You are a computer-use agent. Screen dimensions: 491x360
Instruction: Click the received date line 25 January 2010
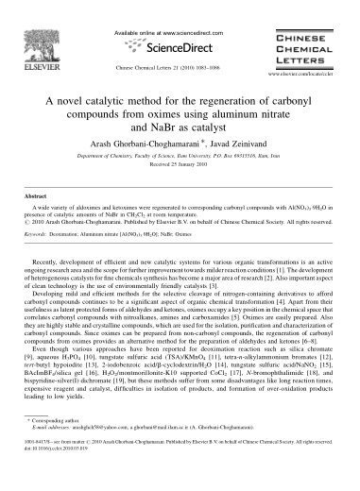[180, 170]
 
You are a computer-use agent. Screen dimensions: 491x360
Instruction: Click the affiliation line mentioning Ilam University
[180, 161]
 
